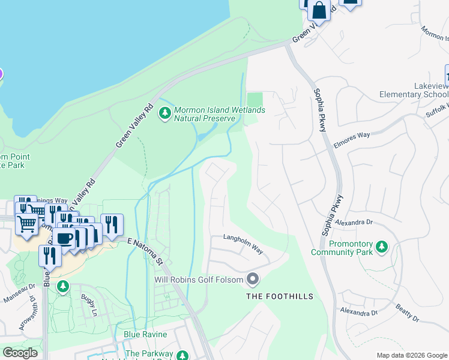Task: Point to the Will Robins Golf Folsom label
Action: tap(199, 280)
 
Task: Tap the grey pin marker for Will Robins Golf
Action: tap(253, 279)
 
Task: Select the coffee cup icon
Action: tap(65, 237)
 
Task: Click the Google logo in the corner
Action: tap(20, 353)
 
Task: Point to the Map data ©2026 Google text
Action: tap(411, 355)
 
